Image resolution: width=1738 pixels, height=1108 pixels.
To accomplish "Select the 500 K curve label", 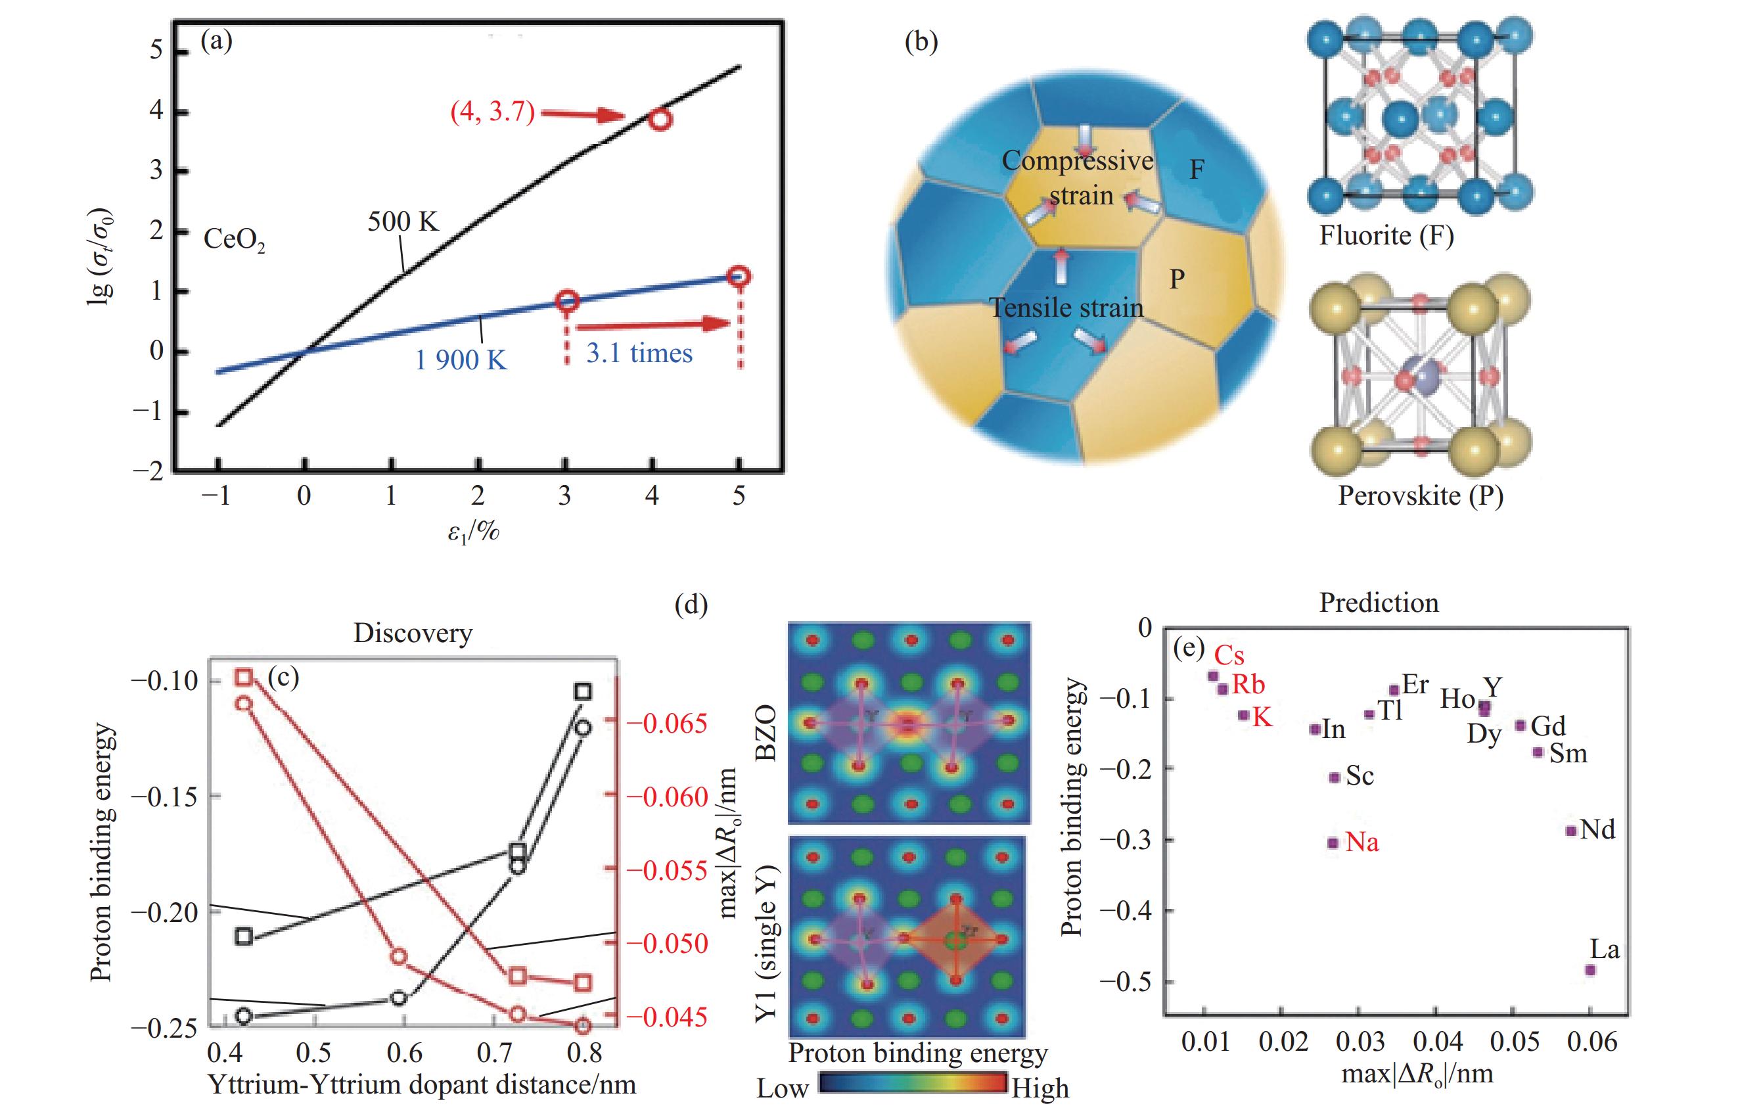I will tap(403, 221).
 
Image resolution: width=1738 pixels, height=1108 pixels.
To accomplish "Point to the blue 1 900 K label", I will tap(461, 359).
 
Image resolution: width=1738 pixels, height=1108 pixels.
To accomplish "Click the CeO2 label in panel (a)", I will tap(234, 240).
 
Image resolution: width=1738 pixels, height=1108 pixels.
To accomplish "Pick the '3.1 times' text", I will tap(639, 353).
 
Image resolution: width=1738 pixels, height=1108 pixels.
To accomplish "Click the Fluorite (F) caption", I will tap(1386, 236).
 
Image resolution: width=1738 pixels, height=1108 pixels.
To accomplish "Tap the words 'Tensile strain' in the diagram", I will tap(1066, 308).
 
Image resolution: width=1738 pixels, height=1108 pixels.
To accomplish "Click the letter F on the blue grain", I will tap(1196, 170).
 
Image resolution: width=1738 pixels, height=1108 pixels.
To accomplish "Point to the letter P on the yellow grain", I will tap(1178, 279).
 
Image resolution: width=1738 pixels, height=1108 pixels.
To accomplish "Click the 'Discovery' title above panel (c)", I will tap(413, 633).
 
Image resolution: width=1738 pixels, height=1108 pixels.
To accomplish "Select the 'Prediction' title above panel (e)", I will tap(1379, 603).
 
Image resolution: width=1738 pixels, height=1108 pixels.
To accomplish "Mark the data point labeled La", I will tap(1590, 970).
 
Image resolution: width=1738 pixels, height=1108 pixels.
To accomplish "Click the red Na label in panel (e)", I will tap(1362, 843).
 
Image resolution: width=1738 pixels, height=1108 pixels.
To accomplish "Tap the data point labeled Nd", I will tap(1570, 830).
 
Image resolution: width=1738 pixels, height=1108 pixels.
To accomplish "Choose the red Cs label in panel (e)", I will tap(1229, 655).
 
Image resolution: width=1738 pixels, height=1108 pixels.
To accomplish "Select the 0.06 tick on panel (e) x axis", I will tap(1590, 1042).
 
